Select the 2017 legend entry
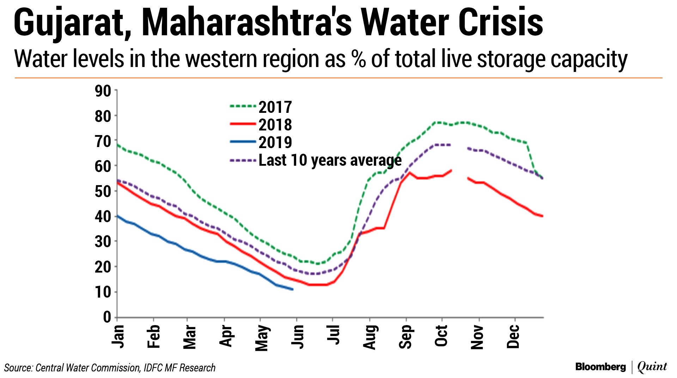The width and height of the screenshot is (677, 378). click(275, 107)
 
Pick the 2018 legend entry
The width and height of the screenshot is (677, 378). click(275, 125)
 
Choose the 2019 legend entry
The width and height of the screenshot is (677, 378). click(275, 142)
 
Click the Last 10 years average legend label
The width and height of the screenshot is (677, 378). click(330, 160)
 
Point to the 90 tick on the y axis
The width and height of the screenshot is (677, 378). click(103, 91)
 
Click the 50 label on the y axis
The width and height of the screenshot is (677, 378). click(103, 191)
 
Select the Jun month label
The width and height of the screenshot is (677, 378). click(298, 336)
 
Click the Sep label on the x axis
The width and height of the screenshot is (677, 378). click(406, 336)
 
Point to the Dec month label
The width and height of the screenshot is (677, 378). click(514, 336)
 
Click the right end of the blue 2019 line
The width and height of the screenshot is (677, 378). click(293, 289)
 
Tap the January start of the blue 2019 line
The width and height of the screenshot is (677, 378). click(118, 215)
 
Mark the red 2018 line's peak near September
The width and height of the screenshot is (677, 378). click(409, 172)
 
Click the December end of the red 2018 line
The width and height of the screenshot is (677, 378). click(542, 216)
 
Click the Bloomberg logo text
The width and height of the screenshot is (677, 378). click(600, 367)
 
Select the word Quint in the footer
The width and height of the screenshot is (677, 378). click(652, 367)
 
